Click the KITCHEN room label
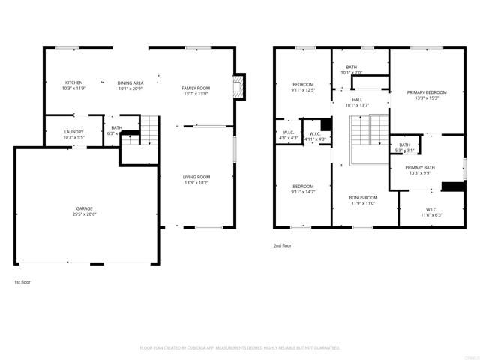73,82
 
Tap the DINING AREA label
130,82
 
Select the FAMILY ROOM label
196,88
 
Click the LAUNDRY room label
73,132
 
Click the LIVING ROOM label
196,177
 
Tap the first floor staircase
150,130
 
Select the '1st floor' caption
22,282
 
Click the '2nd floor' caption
283,245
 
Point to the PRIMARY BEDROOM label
426,92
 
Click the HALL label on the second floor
357,99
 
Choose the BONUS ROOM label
362,197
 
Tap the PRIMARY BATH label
420,168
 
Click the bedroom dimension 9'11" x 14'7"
303,192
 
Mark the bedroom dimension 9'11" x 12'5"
303,90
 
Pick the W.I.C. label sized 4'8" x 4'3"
288,138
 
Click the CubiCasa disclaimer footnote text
240,347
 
